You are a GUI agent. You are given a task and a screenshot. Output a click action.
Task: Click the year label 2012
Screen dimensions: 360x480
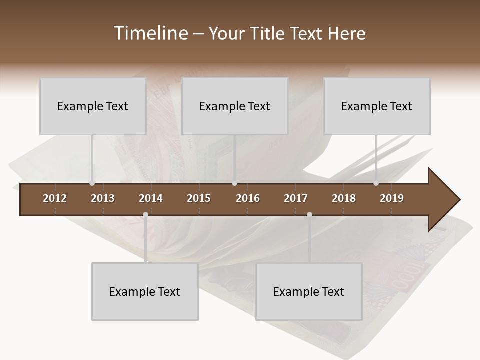coord(55,198)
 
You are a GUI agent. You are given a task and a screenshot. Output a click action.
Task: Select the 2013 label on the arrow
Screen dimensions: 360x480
coord(103,198)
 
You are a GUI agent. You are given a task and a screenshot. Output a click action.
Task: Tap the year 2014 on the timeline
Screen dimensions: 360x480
coord(151,198)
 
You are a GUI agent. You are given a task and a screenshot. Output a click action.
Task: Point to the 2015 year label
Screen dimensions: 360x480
coord(199,198)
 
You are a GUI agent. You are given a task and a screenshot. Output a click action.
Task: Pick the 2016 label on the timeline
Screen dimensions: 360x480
coord(248,198)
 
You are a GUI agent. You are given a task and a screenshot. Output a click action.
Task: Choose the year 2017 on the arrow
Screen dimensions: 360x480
coord(296,198)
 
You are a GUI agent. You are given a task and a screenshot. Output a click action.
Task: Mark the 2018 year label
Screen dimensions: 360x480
coord(344,198)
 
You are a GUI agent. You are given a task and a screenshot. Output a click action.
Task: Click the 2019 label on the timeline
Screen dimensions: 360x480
coord(392,198)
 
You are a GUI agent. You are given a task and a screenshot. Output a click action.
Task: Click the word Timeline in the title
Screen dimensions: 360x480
coord(150,33)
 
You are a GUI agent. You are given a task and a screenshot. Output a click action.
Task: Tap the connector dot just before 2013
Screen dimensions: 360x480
coord(92,183)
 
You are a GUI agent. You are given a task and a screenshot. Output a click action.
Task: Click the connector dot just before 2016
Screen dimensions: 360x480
coord(234,183)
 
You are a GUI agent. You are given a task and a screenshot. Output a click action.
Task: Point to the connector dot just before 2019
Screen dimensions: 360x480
coord(376,183)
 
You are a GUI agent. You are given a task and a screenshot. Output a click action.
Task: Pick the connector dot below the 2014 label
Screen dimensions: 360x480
coord(145,215)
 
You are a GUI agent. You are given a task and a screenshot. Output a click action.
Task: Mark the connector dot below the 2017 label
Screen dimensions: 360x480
coord(309,215)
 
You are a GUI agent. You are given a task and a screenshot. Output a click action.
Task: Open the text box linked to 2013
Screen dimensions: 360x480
coord(93,106)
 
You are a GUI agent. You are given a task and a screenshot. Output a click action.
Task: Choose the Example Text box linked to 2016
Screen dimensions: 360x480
coord(235,106)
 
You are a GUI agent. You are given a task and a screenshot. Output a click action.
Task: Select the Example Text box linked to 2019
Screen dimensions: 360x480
coord(377,106)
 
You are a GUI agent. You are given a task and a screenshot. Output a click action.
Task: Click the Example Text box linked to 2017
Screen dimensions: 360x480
coord(309,291)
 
